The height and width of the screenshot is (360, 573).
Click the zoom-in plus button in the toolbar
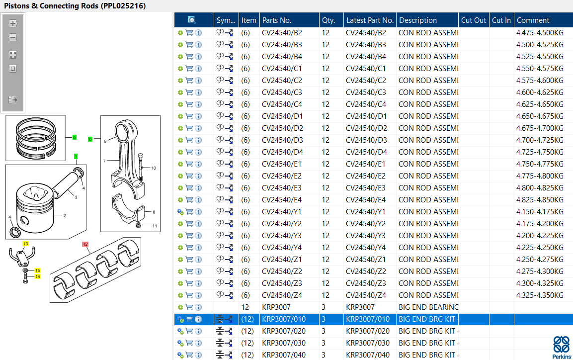click(x=13, y=23)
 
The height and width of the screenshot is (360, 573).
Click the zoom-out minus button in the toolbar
click(x=13, y=37)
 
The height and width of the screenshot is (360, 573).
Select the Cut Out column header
click(x=474, y=20)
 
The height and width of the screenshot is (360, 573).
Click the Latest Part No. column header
click(x=370, y=20)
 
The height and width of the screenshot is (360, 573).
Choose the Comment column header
click(x=533, y=20)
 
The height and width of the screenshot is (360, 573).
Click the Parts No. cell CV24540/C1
click(x=282, y=68)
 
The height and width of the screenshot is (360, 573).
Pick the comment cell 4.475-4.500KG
click(x=540, y=32)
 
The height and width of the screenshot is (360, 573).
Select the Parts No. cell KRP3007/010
click(x=284, y=319)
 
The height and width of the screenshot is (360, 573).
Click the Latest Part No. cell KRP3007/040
click(x=368, y=355)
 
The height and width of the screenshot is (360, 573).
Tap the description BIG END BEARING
click(x=428, y=307)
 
